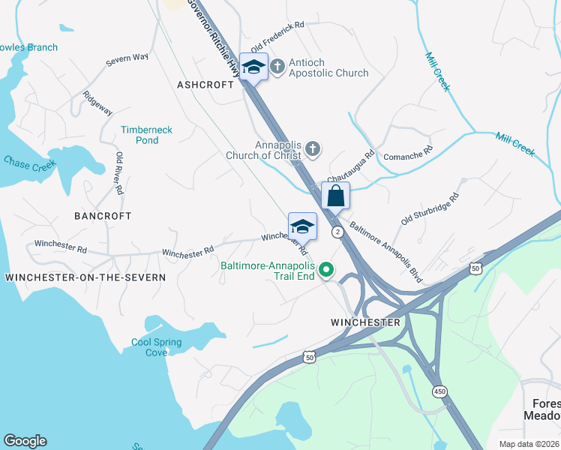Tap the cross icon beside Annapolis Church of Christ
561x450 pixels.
pyautogui.click(x=313, y=150)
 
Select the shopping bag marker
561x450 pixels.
pyautogui.click(x=336, y=196)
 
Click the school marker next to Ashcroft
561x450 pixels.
pyautogui.click(x=254, y=67)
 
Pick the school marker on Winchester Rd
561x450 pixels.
pyautogui.click(x=302, y=227)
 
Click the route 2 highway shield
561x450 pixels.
pyautogui.click(x=338, y=232)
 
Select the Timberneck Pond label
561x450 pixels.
pyautogui.click(x=147, y=135)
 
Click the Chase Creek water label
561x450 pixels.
pyautogui.click(x=30, y=163)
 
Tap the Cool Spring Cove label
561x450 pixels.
pyautogui.click(x=156, y=347)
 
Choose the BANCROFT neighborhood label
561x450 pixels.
pyautogui.click(x=103, y=216)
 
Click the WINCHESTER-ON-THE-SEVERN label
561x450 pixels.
pyautogui.click(x=85, y=277)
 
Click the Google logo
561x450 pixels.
pyautogui.click(x=25, y=441)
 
